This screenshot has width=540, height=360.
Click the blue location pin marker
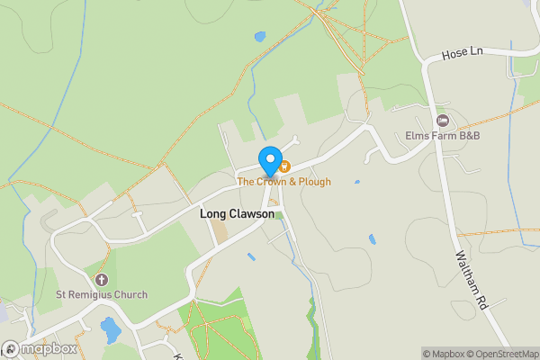tap(269, 160)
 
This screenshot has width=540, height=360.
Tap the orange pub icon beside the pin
tap(283, 166)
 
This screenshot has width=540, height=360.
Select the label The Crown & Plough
tap(283, 182)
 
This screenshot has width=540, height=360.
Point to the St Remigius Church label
tap(101, 294)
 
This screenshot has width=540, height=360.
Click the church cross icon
tap(101, 280)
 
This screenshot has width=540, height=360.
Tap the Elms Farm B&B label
tap(442, 135)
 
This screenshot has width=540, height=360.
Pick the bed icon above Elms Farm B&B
tap(441, 121)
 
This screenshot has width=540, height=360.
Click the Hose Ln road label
tap(463, 54)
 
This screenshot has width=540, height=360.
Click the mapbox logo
tap(38, 348)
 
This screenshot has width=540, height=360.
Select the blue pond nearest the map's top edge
tap(260, 38)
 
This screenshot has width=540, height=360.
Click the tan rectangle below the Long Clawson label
tap(220, 233)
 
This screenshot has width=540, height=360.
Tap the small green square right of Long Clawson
tap(279, 215)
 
